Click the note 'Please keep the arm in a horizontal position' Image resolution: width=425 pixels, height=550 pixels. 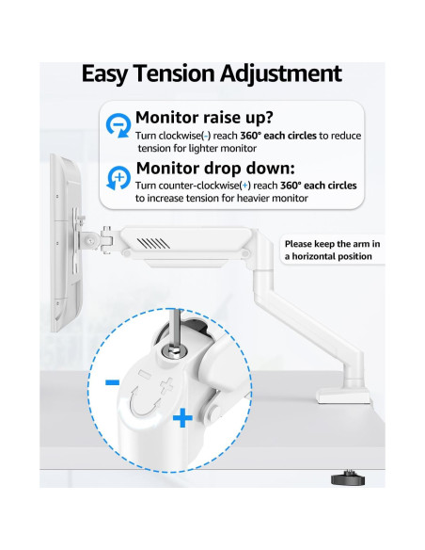coord(332,250)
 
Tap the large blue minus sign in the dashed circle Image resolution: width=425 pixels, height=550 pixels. coord(112,382)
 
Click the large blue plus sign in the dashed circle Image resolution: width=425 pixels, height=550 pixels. coord(181,417)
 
